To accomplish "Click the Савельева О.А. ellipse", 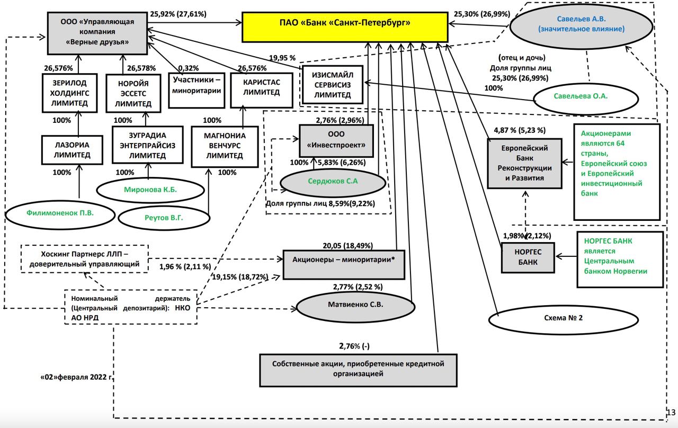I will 581,96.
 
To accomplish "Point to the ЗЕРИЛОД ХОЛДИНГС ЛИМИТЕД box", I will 69,93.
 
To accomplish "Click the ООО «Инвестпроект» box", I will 336,139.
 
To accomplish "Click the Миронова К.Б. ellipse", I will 151,190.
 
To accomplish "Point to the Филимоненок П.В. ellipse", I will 60,215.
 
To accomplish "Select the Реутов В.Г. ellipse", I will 164,217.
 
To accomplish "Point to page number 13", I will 671,412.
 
